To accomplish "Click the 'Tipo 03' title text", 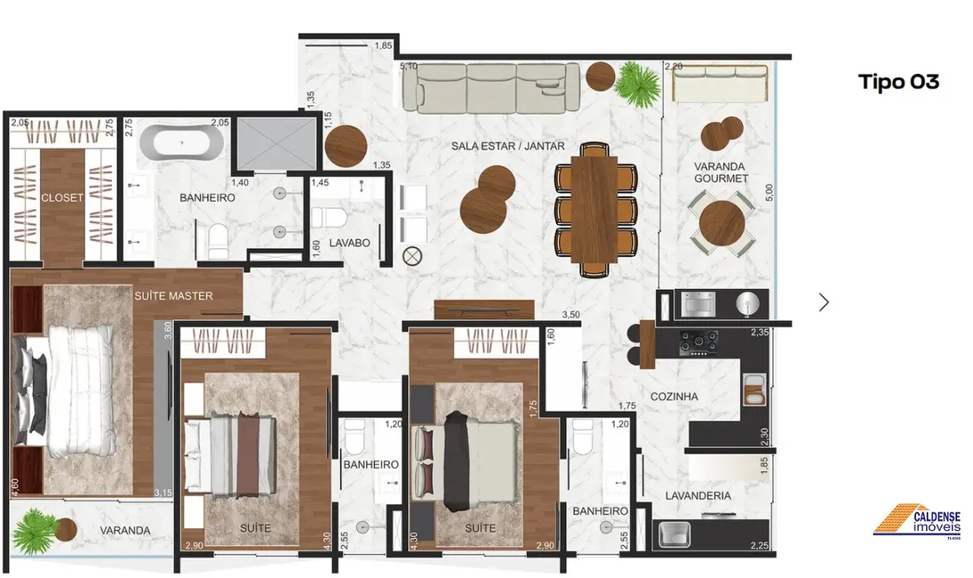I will [898, 82].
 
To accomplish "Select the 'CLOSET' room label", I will [62, 197].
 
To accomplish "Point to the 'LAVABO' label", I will [348, 242].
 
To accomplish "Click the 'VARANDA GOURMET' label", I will [720, 172].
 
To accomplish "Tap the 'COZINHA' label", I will [674, 397].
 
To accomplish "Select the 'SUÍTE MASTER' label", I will [173, 295].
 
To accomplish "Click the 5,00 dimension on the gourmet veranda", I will [770, 192].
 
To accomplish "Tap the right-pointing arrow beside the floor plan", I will [824, 302].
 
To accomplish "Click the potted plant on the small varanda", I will [35, 522].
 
